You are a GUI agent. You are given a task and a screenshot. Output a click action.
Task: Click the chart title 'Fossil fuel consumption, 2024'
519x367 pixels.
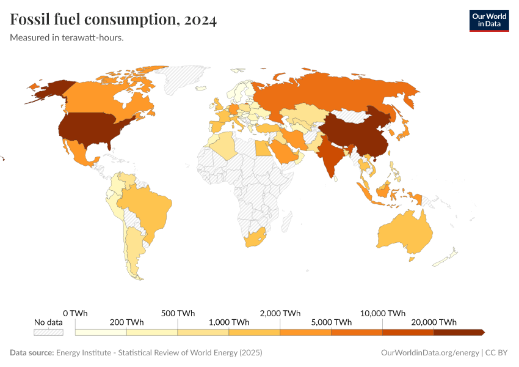point(114,20)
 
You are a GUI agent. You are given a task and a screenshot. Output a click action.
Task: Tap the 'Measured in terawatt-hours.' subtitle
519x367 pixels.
point(67,38)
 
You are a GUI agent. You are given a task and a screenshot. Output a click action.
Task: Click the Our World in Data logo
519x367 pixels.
point(488,20)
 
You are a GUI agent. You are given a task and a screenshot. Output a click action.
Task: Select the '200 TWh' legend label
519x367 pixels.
point(127,322)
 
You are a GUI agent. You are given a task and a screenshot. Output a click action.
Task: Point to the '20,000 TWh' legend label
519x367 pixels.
point(434,322)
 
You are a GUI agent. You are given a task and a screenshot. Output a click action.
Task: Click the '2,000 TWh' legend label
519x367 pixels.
point(280,313)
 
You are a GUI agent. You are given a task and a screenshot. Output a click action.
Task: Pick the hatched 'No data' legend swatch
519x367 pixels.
point(48,332)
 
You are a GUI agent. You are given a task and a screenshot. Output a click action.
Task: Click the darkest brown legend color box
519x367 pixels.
point(458,332)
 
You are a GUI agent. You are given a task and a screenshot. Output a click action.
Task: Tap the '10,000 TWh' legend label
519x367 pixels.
point(383,313)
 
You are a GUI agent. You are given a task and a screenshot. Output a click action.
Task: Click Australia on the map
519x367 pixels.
point(406,232)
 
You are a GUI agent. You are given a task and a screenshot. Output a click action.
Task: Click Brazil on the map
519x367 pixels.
point(150,208)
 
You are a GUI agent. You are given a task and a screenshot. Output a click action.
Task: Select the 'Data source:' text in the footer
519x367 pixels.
point(32,353)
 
